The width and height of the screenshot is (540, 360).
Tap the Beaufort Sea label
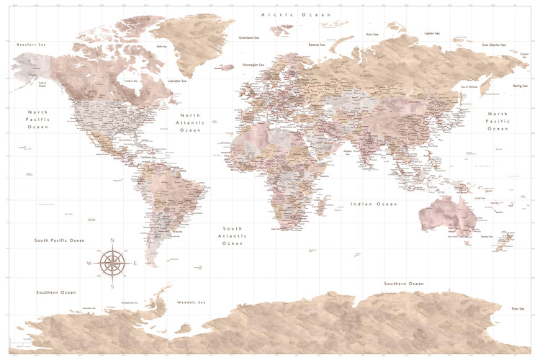click(x=32, y=45)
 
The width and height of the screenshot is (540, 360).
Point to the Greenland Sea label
click(x=250, y=37)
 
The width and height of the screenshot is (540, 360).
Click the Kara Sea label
click(x=372, y=34)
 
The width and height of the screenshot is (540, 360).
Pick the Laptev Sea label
click(x=432, y=33)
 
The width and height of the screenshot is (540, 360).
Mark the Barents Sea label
click(x=319, y=45)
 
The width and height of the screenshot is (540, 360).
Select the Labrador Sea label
click(x=177, y=81)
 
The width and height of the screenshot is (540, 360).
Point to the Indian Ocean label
click(x=374, y=204)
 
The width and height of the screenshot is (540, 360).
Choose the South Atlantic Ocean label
click(x=233, y=235)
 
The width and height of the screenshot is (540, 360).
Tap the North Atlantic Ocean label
click(x=190, y=122)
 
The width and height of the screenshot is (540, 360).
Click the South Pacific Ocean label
click(x=60, y=240)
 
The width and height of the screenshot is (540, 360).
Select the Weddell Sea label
click(x=192, y=302)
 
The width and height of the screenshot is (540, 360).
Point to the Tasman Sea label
click(x=486, y=236)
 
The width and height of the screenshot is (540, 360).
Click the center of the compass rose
click(x=112, y=263)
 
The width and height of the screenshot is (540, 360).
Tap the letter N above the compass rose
click(x=112, y=240)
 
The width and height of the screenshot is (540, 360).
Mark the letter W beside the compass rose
click(x=89, y=264)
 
